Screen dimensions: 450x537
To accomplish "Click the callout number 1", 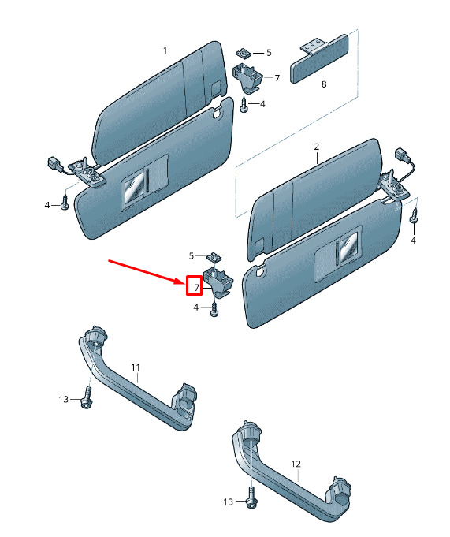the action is pos(165,51).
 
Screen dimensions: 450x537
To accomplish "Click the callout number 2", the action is pos(317,147).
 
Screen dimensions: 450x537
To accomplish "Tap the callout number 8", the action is pos(324,84).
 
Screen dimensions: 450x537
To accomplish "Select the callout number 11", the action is pos(136,367).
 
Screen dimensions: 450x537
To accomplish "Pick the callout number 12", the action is pos(296,464).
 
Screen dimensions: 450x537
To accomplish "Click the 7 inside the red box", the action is pos(196,288).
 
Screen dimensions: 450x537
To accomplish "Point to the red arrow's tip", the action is pos(185,283).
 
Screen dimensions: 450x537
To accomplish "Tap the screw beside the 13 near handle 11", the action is pos(86,397).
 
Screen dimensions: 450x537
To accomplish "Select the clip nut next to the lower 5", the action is pos(214,257).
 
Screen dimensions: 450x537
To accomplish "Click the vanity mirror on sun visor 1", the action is pos(134,189).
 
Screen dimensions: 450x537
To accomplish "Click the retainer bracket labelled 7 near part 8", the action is pos(247,76).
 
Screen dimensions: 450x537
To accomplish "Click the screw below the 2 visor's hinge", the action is pos(415,216).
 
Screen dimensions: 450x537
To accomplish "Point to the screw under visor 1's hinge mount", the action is pos(65,202).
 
